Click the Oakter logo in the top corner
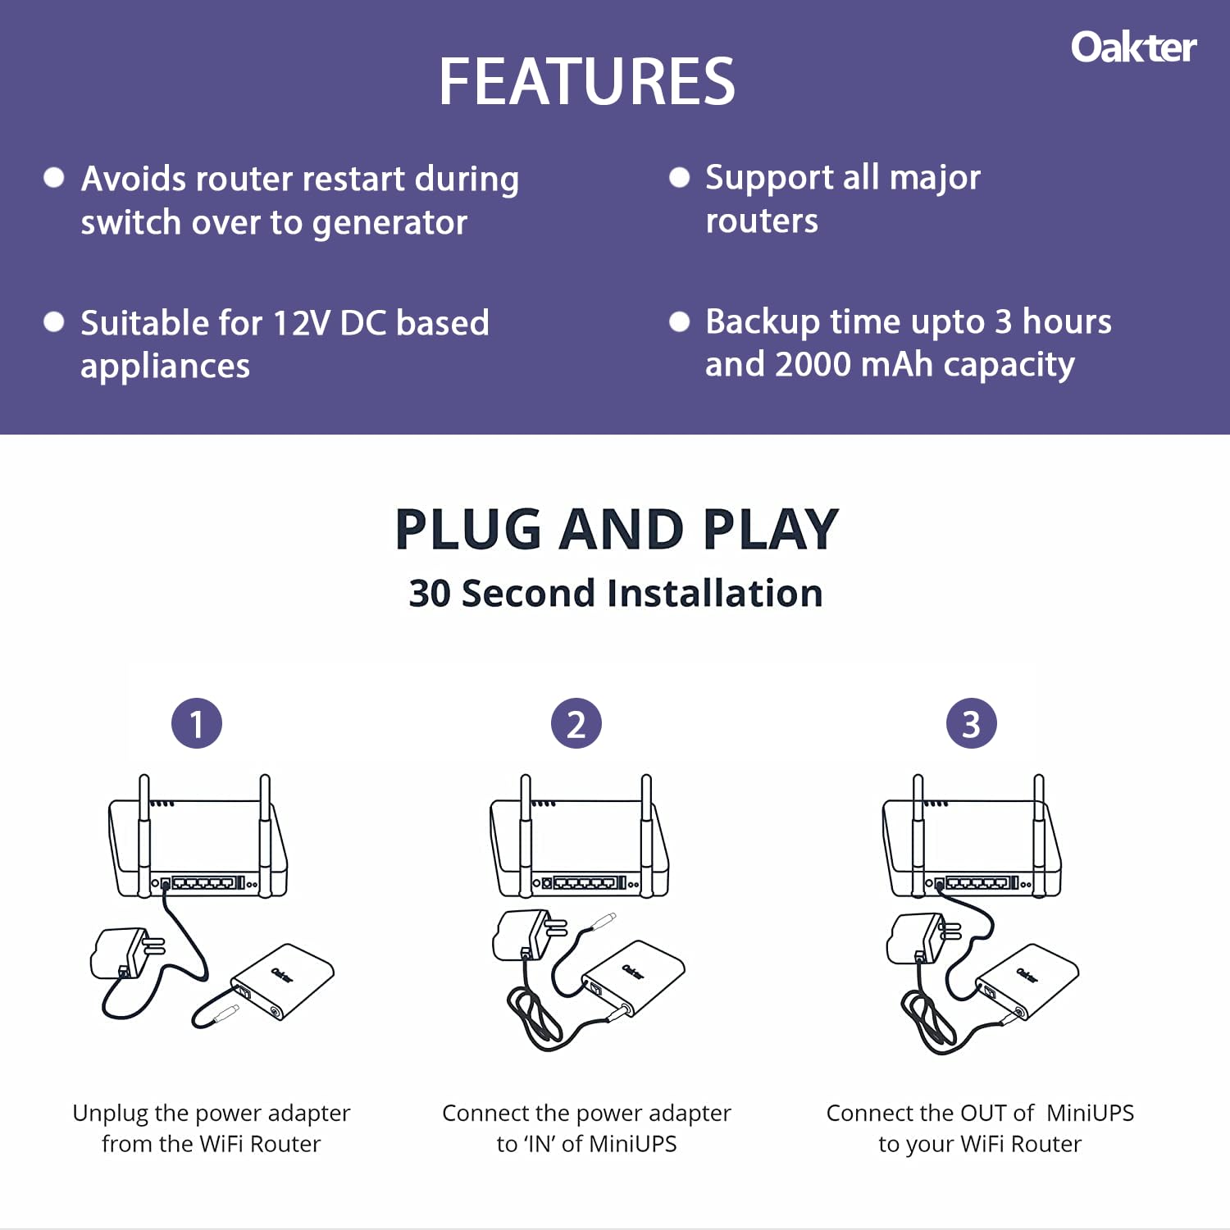coord(1133,48)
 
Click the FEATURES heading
coord(587,81)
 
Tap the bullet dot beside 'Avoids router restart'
coord(54,178)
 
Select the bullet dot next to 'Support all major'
coord(680,177)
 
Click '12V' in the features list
coord(300,323)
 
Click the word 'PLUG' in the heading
coord(468,529)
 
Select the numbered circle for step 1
coord(197,723)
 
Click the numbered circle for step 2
coord(576,723)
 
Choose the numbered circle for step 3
coord(972,723)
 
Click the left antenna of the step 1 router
coord(144,836)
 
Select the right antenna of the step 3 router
coord(1039,836)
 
